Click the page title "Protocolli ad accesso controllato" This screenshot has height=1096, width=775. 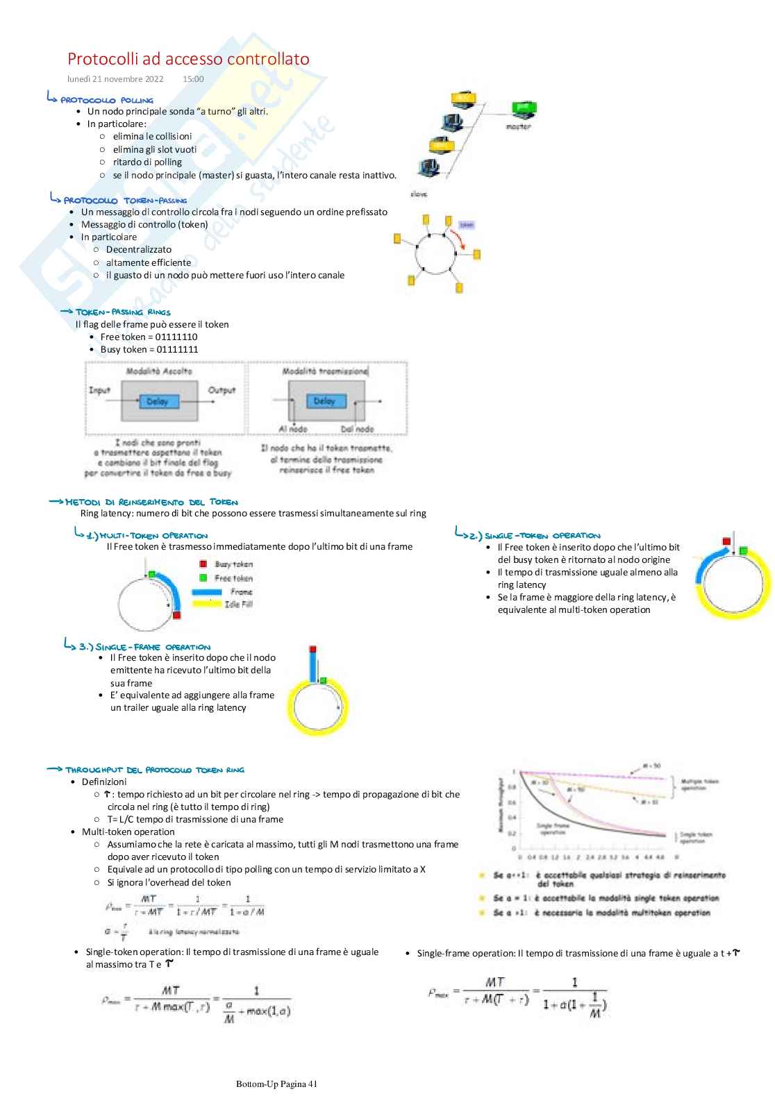click(x=188, y=59)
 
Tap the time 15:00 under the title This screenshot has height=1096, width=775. click(x=193, y=79)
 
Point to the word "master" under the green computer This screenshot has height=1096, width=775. click(x=518, y=127)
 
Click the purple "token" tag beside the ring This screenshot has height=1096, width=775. click(x=467, y=225)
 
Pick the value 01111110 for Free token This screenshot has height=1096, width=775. click(x=176, y=337)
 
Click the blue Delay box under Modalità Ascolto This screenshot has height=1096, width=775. click(x=158, y=401)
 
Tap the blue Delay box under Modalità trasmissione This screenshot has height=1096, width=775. click(x=324, y=401)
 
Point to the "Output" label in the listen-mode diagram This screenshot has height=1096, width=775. click(x=222, y=390)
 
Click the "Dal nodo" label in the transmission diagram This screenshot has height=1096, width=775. click(x=357, y=429)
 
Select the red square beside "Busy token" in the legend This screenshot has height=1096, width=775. click(x=203, y=564)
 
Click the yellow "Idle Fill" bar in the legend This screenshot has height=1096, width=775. click(x=206, y=604)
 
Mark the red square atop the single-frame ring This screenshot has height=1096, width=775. click(x=313, y=650)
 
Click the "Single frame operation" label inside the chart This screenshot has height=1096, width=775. click(x=553, y=829)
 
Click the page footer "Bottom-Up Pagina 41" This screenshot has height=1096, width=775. click(x=276, y=1084)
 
